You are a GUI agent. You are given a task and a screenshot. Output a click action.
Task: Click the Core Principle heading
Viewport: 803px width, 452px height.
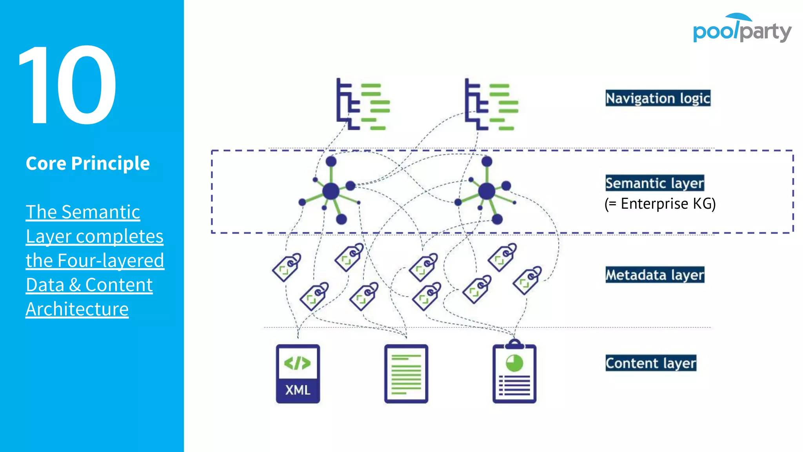(x=87, y=163)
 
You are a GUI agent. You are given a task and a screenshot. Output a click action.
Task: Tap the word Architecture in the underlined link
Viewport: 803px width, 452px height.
(x=77, y=309)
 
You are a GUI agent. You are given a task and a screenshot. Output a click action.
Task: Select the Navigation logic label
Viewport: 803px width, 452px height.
(x=658, y=98)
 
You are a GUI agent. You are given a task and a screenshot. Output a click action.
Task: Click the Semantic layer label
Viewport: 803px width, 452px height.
(x=654, y=183)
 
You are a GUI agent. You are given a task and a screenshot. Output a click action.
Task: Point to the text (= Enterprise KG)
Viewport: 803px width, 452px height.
(x=660, y=204)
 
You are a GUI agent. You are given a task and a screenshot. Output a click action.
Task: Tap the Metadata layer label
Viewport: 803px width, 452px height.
(x=654, y=275)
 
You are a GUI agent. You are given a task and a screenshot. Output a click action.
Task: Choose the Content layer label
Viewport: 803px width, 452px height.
(x=650, y=363)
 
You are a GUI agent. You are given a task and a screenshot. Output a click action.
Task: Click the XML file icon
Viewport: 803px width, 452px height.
(x=298, y=374)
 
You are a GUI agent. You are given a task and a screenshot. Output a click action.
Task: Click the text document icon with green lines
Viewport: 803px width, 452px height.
(x=406, y=374)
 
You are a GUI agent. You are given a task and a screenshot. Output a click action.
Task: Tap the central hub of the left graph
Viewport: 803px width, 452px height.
(x=331, y=191)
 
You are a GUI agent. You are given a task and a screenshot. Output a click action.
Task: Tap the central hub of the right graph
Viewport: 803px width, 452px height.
(x=487, y=191)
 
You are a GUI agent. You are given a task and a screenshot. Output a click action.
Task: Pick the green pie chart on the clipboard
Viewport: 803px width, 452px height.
(x=514, y=363)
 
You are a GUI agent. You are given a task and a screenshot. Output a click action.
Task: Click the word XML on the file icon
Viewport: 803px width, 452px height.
(x=298, y=390)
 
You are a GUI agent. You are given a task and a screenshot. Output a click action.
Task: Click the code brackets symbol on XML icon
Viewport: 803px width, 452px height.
(x=298, y=363)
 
